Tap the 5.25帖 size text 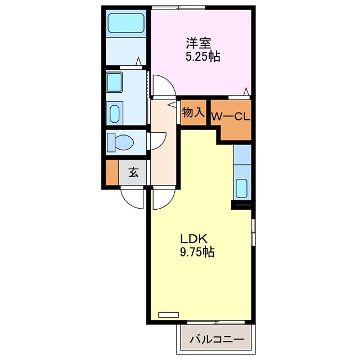tap(202, 56)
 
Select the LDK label tap(191, 238)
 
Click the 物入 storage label tap(193, 112)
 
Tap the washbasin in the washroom tap(115, 113)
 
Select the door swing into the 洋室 tap(164, 87)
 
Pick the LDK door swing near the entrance tap(163, 199)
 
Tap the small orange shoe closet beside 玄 tap(112, 173)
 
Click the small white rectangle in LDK tap(168, 315)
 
